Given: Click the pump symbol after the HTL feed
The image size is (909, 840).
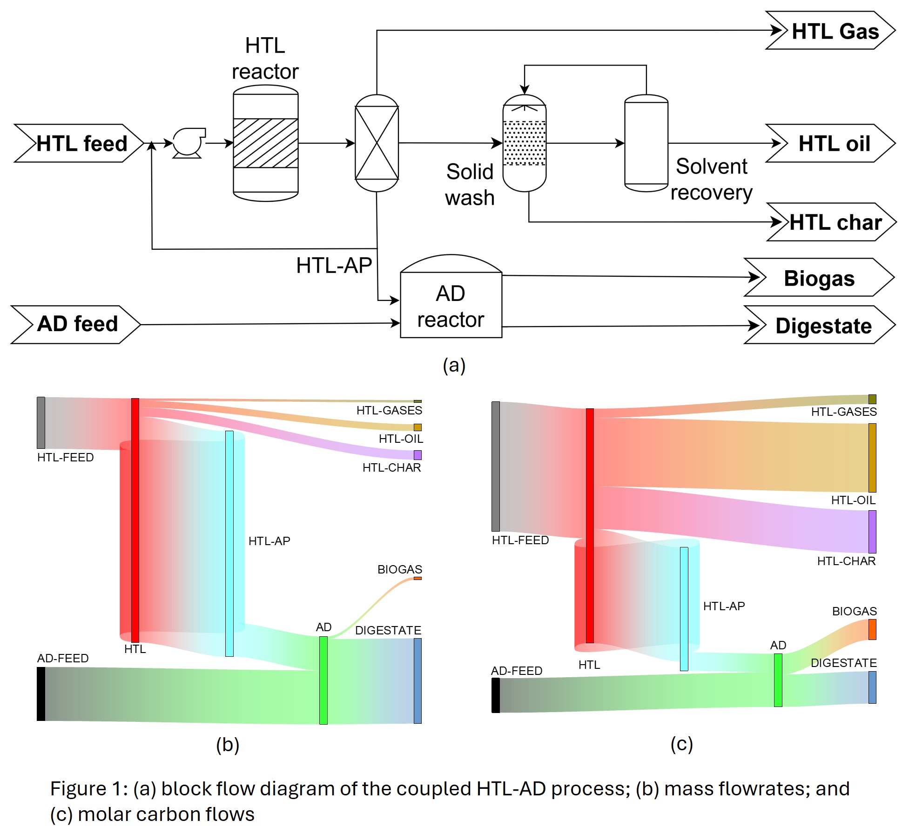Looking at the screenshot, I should coord(188,143).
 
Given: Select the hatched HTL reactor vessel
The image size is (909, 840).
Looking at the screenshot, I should coord(265,143).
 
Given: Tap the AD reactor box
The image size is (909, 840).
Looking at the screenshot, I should coord(451,305).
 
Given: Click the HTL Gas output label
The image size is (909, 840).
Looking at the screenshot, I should coord(835,31).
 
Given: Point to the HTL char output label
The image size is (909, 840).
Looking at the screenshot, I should coord(835,222).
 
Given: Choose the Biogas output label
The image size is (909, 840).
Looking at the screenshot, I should coord(819,278).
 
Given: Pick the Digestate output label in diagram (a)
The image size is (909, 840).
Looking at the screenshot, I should coord(823,326).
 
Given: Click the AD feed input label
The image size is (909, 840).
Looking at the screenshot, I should coord(77,324).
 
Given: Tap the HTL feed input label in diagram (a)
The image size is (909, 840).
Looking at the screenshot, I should coord(81,143).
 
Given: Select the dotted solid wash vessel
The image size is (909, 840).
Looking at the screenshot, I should coord(525,143).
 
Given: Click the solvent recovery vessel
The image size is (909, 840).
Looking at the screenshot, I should coord(646,143).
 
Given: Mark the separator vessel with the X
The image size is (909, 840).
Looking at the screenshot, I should coord(377,143).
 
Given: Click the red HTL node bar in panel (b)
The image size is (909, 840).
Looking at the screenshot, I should coord(135,520).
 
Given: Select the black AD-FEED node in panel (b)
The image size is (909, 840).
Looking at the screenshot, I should coord(41,693).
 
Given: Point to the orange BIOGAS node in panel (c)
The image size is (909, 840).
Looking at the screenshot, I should coord(872,629).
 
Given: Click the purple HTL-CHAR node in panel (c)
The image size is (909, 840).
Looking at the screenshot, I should coord(872,532).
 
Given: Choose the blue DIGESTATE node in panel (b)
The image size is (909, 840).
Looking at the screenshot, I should coord(417,680).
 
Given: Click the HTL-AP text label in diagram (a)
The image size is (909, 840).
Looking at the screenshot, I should coord(334,266).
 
